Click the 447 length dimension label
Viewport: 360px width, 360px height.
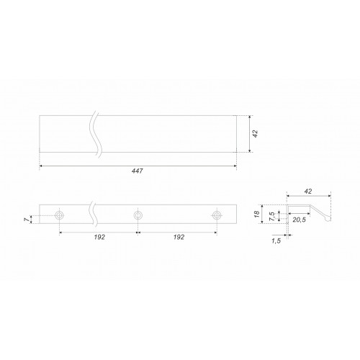click(138, 171)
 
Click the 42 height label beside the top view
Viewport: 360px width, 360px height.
click(256, 134)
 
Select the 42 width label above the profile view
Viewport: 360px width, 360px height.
click(308, 192)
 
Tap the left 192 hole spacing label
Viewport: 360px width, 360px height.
click(99, 237)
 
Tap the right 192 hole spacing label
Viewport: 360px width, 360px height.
click(179, 237)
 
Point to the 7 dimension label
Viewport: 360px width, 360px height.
click(27, 220)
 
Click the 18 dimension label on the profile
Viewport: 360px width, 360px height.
click(257, 214)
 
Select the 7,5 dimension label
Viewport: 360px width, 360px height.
click(272, 216)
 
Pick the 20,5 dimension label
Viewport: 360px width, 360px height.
click(300, 220)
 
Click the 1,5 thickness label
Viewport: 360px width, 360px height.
click(276, 241)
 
